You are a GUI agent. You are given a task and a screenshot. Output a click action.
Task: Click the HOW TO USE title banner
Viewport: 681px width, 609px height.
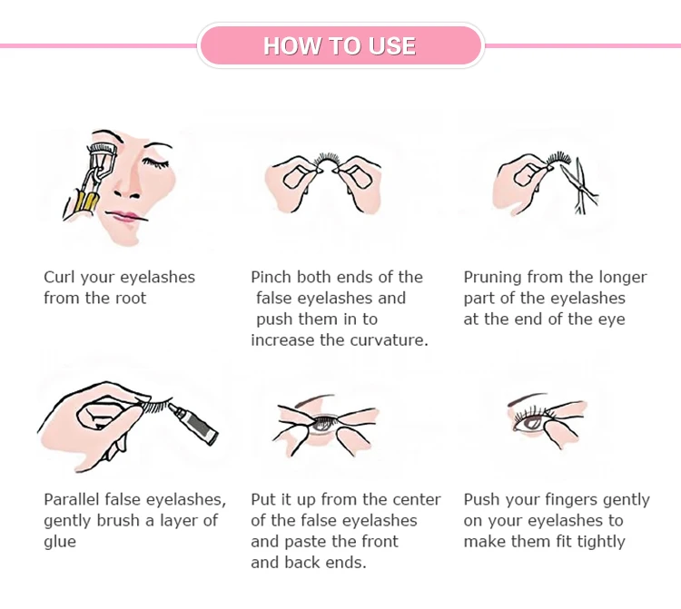pos(340,45)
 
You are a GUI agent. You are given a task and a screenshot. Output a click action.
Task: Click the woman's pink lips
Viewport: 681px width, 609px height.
pos(125,216)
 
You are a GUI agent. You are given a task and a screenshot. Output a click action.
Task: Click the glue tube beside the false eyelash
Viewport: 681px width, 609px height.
pos(193,423)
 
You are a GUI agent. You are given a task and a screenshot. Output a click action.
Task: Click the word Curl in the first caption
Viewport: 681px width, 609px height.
pos(60,277)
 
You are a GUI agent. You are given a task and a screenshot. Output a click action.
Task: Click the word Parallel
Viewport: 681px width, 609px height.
pos(71,499)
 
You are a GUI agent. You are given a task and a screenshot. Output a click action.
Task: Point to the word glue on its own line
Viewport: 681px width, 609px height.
pos(60,543)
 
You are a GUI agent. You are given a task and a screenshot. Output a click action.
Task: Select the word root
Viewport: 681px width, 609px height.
pos(131,299)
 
